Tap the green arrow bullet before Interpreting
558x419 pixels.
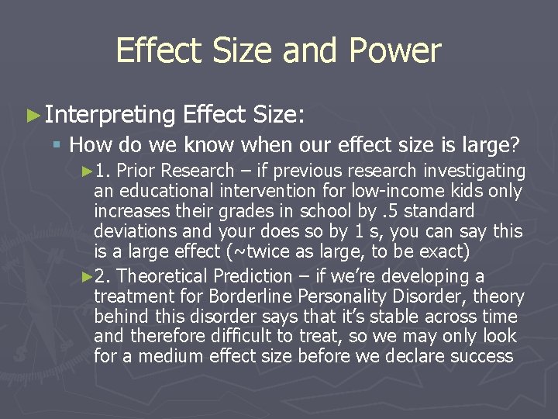pyautogui.click(x=33, y=116)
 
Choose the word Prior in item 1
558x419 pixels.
pyautogui.click(x=136, y=171)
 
